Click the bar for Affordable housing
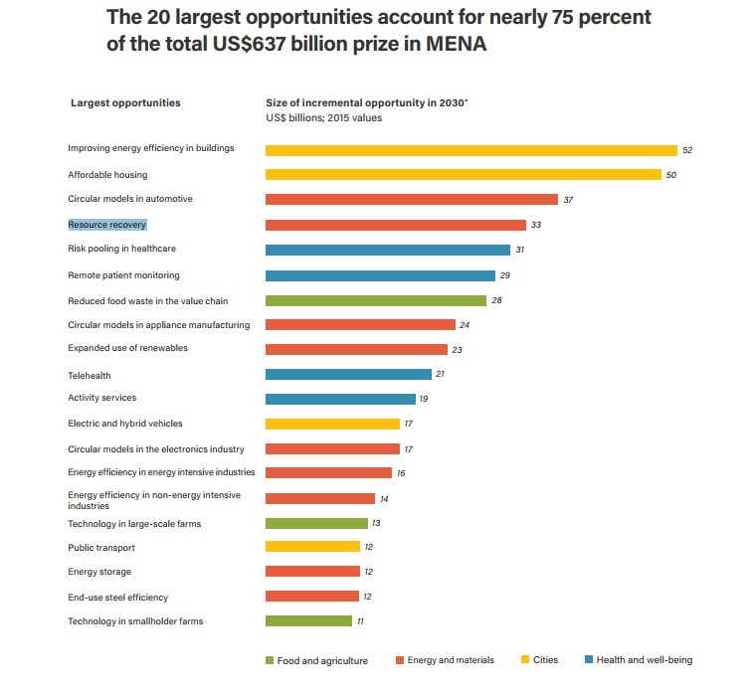[463, 175]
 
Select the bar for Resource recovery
[395, 225]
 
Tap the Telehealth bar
[348, 374]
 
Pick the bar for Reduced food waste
[375, 300]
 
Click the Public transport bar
[312, 546]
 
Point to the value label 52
[686, 150]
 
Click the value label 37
[568, 200]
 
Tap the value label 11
[361, 621]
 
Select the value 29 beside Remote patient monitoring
[505, 275]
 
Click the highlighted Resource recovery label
[107, 225]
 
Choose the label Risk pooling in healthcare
[121, 249]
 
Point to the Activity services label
[102, 398]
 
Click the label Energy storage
[99, 572]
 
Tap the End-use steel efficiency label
[117, 598]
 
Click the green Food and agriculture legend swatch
[270, 660]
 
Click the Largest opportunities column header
[125, 102]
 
